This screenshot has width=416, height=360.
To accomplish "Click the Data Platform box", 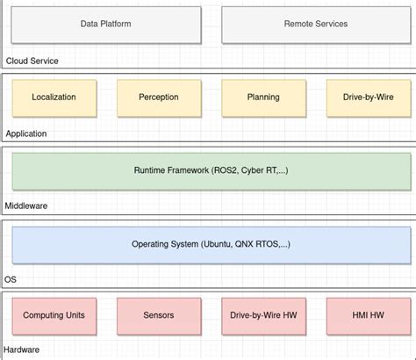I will [105, 25].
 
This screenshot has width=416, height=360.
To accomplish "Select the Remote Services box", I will [315, 25].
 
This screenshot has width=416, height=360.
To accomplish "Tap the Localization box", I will [53, 97].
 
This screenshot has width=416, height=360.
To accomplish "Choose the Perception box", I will [158, 97].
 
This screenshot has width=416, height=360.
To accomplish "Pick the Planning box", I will [263, 97].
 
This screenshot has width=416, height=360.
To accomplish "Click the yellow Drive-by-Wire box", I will [368, 97].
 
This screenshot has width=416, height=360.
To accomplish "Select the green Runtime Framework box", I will [210, 170].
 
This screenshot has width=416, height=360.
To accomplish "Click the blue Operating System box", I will [210, 244].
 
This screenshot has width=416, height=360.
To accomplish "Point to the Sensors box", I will [158, 315].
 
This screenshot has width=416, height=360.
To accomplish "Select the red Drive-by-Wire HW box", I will [263, 315].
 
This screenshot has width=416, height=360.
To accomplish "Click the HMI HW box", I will [368, 315].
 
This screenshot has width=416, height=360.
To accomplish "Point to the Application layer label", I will [25, 133].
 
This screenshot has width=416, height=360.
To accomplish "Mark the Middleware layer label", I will [26, 205].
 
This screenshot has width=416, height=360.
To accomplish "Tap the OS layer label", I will [11, 279].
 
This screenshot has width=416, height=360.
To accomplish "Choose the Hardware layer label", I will [23, 350].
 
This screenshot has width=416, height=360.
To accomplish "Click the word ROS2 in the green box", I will [226, 170].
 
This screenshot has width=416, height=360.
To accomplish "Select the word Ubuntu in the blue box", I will [216, 244].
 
